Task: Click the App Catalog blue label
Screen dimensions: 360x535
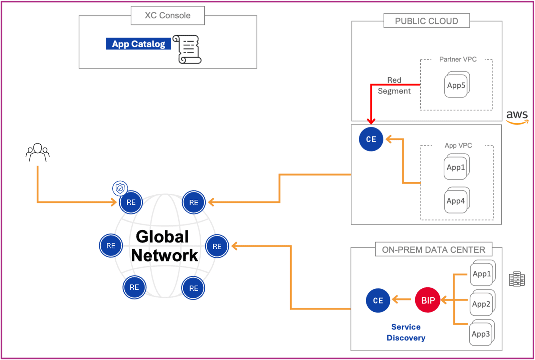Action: [x=138, y=44]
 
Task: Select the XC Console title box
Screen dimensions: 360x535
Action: [x=168, y=15]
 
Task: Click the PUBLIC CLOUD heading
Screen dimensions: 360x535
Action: [x=426, y=21]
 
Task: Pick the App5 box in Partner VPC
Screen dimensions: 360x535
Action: [x=456, y=85]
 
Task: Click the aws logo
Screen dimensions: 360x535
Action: [x=517, y=117]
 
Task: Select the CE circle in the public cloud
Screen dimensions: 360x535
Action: [x=371, y=139]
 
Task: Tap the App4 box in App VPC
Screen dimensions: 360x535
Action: [x=456, y=201]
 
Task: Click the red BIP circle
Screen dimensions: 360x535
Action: [x=428, y=300]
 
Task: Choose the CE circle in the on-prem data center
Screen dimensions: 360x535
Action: [x=378, y=300]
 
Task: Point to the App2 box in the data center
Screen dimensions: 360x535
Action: [x=481, y=304]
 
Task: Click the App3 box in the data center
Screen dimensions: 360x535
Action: [x=481, y=334]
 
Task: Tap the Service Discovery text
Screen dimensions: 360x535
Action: [x=406, y=332]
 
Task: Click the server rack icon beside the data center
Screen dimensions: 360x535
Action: [x=517, y=279]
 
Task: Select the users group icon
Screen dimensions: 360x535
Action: [x=37, y=153]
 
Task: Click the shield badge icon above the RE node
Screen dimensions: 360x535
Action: [x=120, y=188]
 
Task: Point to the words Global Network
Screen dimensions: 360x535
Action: [x=164, y=246]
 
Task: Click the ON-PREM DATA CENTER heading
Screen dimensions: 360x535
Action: [x=433, y=250]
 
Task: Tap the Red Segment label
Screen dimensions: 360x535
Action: [x=394, y=86]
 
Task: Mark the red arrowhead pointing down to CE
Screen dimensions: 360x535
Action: [x=371, y=121]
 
